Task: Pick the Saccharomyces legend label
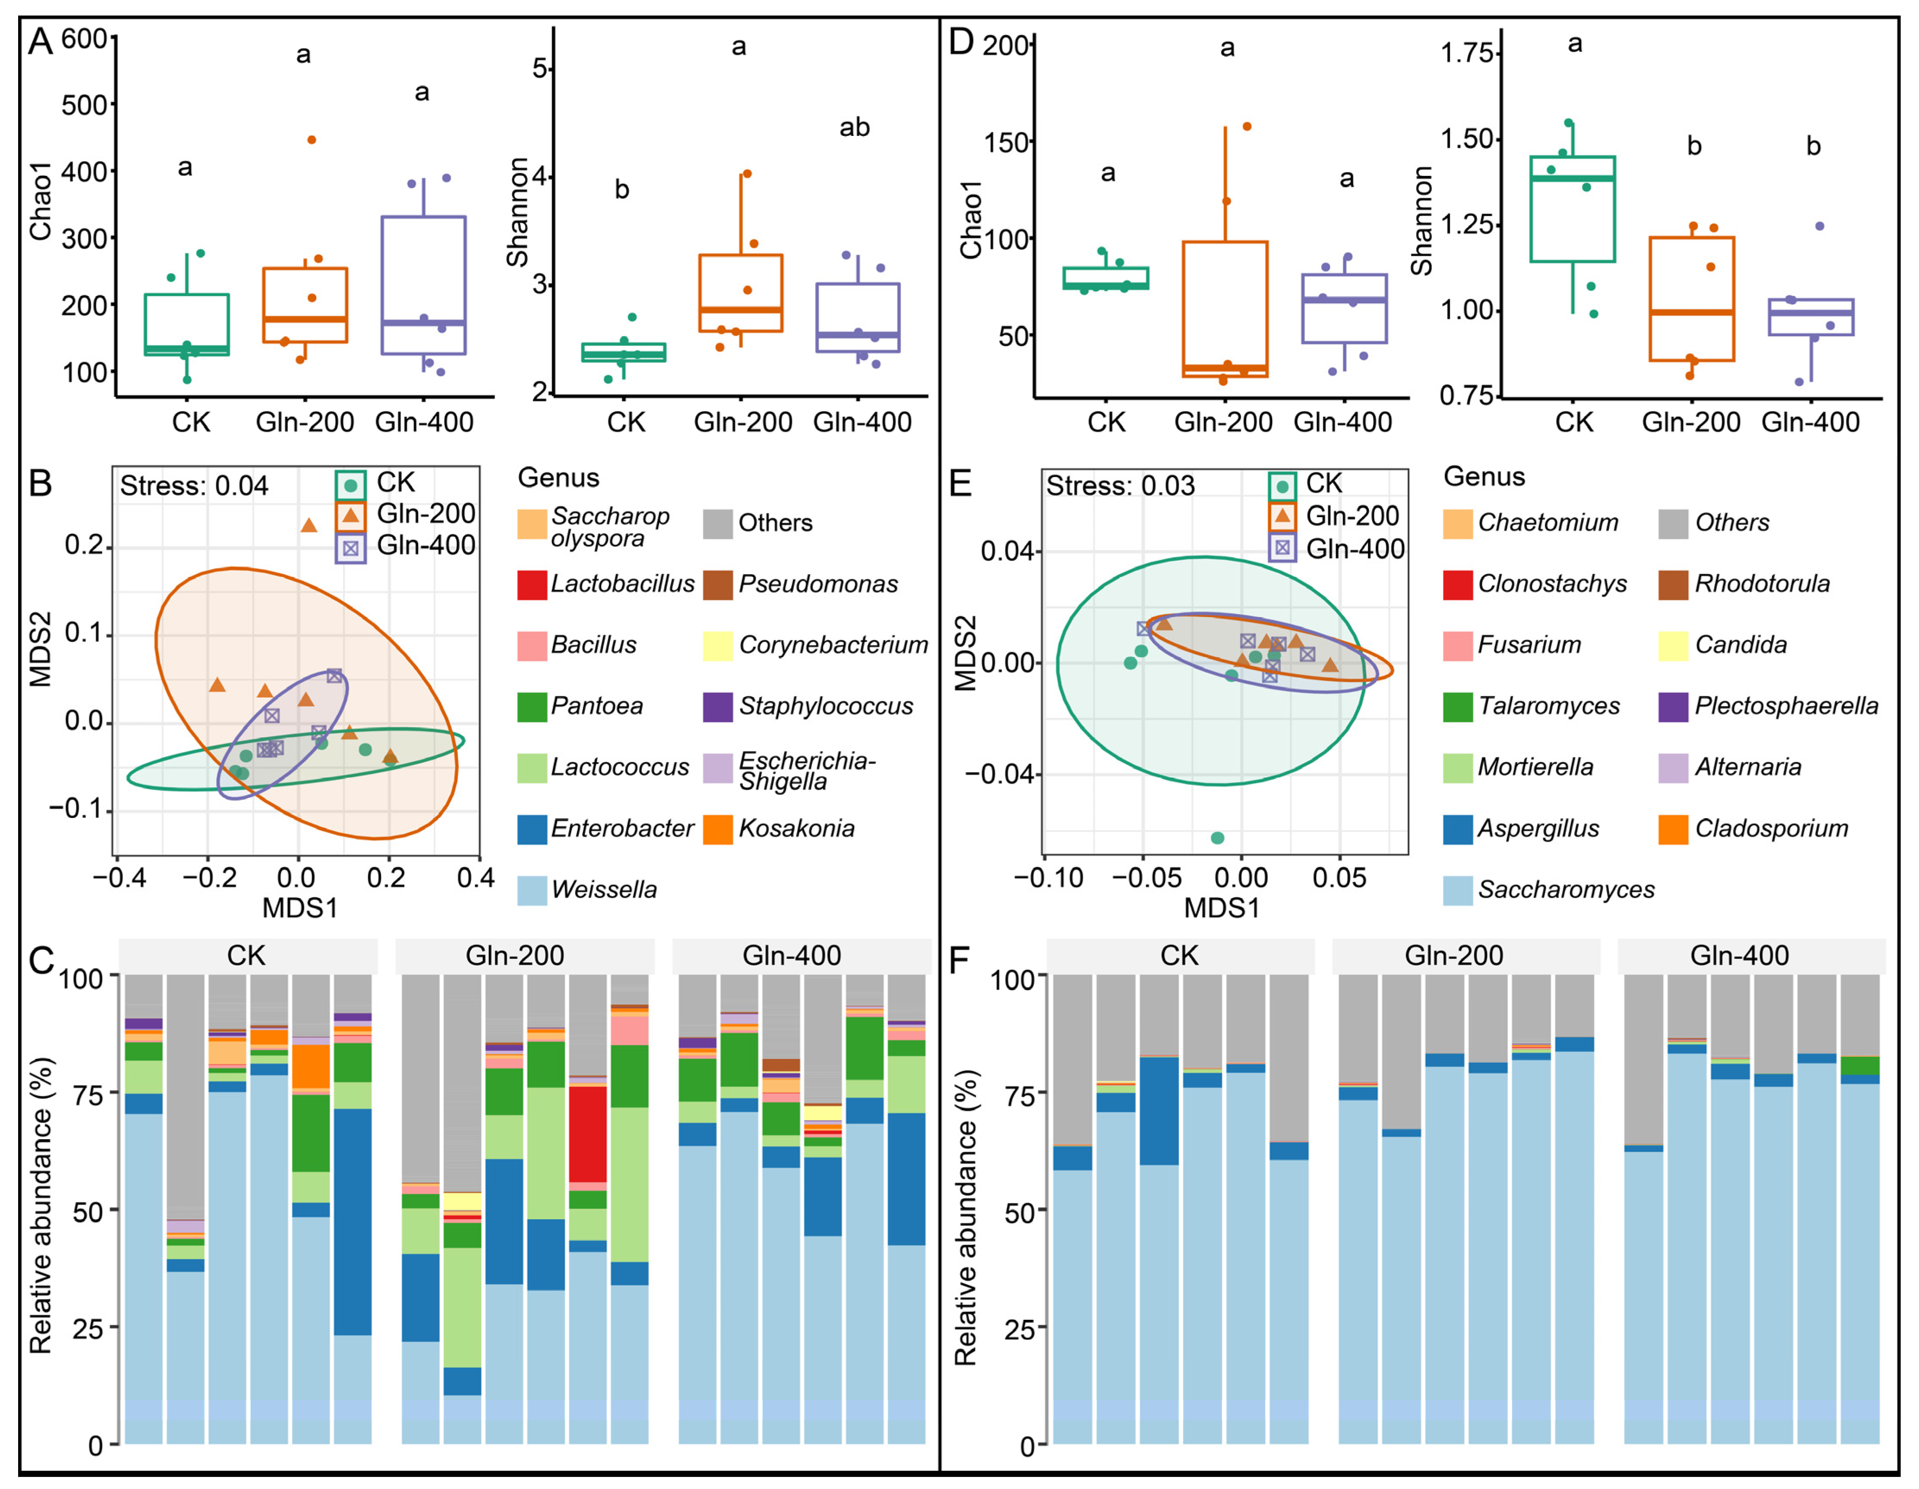(x=1566, y=889)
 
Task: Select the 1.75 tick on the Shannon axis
(x=1467, y=53)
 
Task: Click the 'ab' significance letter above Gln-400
(x=854, y=127)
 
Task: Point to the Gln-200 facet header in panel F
(x=1454, y=955)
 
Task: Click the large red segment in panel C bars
(x=588, y=1133)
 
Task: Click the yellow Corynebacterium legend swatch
(x=718, y=645)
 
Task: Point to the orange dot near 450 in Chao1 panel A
(x=311, y=140)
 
